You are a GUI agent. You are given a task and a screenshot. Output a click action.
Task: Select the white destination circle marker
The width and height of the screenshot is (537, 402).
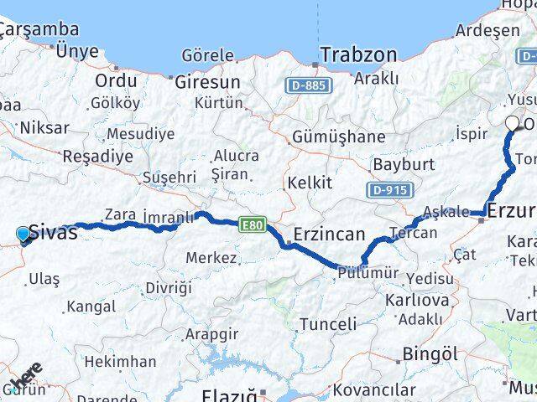[512, 123]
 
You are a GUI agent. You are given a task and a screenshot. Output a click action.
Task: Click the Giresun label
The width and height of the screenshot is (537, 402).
[206, 82]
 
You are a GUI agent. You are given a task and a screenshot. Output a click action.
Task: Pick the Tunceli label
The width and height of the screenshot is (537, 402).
[328, 323]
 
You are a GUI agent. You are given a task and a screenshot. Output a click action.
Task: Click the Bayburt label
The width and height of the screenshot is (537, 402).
[403, 163]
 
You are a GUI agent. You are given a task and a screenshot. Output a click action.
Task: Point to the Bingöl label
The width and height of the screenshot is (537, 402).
[430, 354]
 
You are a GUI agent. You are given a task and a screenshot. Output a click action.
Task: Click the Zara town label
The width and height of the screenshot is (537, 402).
[119, 214]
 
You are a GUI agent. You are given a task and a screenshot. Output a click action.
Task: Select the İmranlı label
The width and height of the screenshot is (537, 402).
[168, 217]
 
